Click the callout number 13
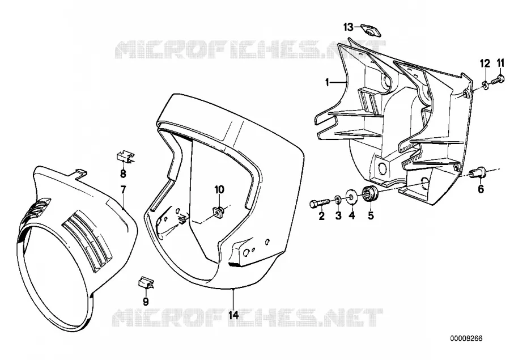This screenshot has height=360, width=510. [348, 27]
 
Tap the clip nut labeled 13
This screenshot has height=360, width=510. [371, 30]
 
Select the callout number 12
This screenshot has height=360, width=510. [485, 63]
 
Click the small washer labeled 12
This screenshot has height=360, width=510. [485, 85]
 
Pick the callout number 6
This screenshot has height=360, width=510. [481, 188]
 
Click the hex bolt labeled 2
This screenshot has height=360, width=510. [320, 204]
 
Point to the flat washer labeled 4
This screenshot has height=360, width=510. [352, 195]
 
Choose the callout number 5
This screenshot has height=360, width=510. [371, 215]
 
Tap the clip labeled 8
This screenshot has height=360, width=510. [125, 156]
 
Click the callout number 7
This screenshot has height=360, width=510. [123, 189]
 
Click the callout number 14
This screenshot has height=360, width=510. [233, 315]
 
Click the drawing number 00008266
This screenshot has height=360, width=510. [466, 338]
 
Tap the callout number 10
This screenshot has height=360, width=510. [219, 189]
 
